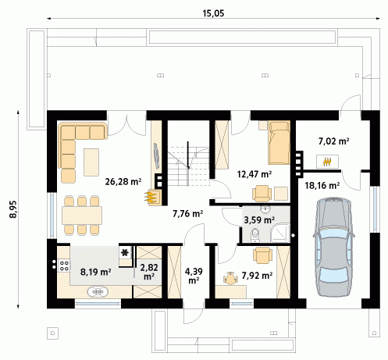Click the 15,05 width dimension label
(x=213, y=13)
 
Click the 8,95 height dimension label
(x=13, y=209)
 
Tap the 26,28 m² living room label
(x=123, y=181)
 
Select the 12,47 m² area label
(x=255, y=173)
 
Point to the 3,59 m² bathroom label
(x=259, y=220)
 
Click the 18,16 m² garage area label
(x=322, y=186)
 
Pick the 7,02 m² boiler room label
(x=333, y=141)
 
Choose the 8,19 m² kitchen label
(x=96, y=272)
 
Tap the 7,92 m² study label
(x=257, y=275)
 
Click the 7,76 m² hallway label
(x=188, y=214)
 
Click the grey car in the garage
(x=334, y=247)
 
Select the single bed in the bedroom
(x=279, y=143)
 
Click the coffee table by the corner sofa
(x=91, y=162)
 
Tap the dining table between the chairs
(x=82, y=215)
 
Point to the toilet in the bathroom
(x=255, y=234)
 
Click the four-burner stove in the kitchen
(x=64, y=266)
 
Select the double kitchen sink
(x=98, y=292)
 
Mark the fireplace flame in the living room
(x=151, y=197)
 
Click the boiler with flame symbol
(x=327, y=162)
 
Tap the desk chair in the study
(x=230, y=278)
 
